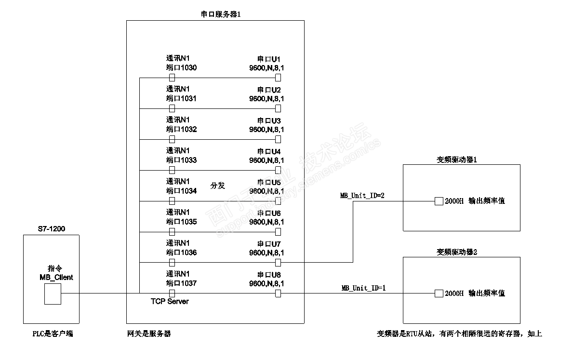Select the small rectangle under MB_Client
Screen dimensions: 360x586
pyautogui.click(x=53, y=293)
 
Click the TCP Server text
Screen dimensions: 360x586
pyautogui.click(x=170, y=302)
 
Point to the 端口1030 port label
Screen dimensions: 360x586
pyautogui.click(x=181, y=68)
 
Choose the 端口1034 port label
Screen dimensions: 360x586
pyautogui.click(x=181, y=191)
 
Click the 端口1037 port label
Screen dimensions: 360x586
pyautogui.click(x=181, y=283)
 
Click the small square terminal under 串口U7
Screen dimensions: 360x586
pyautogui.click(x=278, y=263)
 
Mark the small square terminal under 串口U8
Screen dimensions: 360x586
pyautogui.click(x=278, y=293)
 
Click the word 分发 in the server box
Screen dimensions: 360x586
pyautogui.click(x=218, y=186)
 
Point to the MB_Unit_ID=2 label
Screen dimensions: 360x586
pyautogui.click(x=362, y=196)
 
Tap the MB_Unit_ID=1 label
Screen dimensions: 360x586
pyautogui.click(x=364, y=288)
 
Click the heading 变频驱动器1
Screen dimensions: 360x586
pyautogui.click(x=457, y=160)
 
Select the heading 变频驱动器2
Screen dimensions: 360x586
pyautogui.click(x=457, y=252)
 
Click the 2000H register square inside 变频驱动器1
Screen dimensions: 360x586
pyautogui.click(x=439, y=201)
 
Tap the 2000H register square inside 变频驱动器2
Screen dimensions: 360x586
pyautogui.click(x=439, y=293)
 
